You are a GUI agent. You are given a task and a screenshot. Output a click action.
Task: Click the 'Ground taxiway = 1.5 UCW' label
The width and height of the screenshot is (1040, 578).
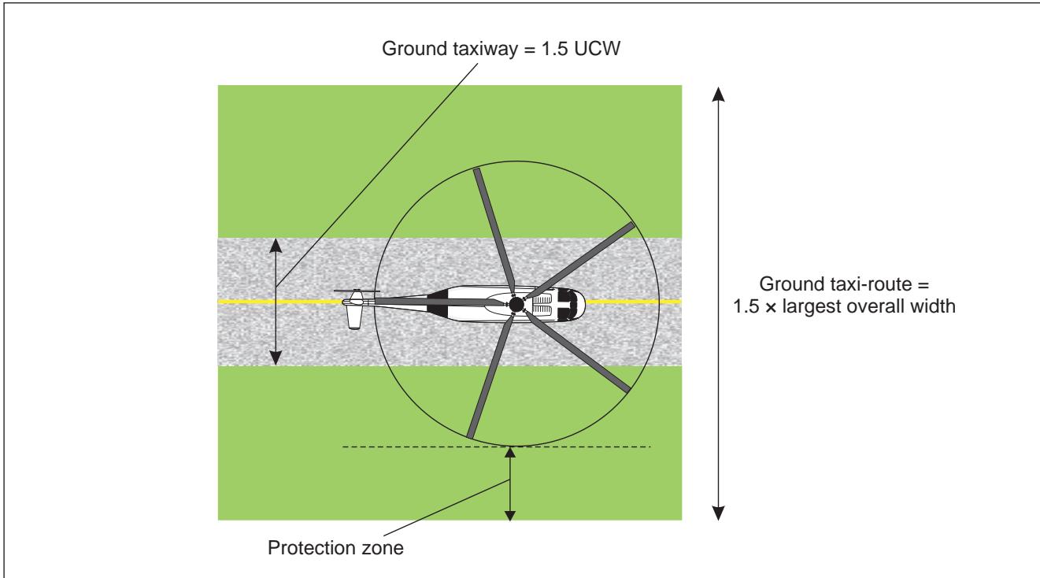(x=501, y=49)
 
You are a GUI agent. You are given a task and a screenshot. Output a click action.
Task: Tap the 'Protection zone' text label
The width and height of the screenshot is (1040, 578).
(x=335, y=548)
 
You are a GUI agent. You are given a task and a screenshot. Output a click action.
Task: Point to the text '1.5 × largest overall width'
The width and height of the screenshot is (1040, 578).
(x=844, y=306)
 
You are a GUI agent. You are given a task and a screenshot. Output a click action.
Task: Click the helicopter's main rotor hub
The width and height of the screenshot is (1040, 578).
(x=516, y=305)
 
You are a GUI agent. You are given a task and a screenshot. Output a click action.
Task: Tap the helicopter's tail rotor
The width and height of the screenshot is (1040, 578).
(x=357, y=291)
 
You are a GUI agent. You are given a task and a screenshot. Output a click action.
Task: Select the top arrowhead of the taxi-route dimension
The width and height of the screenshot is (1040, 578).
(x=718, y=94)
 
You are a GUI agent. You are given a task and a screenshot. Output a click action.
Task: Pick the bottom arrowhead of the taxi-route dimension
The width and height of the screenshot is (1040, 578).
(x=718, y=513)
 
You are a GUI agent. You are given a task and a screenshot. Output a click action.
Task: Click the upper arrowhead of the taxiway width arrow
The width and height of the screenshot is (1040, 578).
(x=276, y=245)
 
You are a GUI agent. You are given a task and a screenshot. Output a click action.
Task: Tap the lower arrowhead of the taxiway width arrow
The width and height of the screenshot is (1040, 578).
(x=276, y=358)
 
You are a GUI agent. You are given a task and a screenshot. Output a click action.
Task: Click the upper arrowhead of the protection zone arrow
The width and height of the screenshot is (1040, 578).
(x=510, y=452)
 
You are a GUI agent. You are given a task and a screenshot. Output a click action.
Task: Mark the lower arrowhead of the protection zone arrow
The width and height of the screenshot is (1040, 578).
(x=510, y=515)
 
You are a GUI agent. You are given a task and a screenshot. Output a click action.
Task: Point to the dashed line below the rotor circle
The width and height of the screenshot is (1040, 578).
(x=496, y=446)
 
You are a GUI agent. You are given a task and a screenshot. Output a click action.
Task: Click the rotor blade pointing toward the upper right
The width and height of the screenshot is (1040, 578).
(x=579, y=261)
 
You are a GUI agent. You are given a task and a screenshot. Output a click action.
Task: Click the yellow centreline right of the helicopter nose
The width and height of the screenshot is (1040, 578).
(x=633, y=302)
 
